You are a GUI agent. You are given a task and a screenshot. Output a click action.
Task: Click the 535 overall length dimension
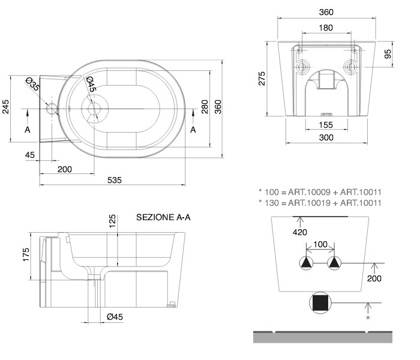(x=115, y=180)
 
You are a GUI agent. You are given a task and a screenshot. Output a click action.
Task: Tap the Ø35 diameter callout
(x=32, y=84)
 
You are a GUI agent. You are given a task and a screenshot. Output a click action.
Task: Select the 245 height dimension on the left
(x=5, y=107)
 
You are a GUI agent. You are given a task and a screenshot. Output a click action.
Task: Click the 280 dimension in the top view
(x=205, y=107)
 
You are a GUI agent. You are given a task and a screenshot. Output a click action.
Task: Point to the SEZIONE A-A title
(x=163, y=217)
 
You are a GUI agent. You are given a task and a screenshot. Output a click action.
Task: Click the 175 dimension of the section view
(x=26, y=255)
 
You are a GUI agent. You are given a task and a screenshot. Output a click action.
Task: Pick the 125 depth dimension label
(x=112, y=221)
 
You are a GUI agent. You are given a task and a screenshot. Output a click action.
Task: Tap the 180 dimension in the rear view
(x=326, y=28)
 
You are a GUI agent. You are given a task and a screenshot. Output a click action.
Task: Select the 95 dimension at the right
(x=388, y=53)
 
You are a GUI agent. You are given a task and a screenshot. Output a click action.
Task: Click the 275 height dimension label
(x=262, y=79)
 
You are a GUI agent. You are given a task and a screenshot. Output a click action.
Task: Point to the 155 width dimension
(x=326, y=125)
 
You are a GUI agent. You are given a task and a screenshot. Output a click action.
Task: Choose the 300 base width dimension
(x=326, y=137)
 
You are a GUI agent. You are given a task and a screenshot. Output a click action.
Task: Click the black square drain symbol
(x=320, y=302)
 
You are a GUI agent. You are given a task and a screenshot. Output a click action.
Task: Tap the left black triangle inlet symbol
(x=306, y=262)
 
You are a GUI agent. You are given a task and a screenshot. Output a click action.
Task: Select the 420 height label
(x=300, y=232)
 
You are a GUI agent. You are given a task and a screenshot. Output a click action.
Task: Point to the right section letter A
(x=193, y=130)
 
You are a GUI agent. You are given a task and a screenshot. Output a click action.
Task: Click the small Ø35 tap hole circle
(x=52, y=109)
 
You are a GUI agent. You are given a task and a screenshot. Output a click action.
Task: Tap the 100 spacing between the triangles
(x=320, y=244)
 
